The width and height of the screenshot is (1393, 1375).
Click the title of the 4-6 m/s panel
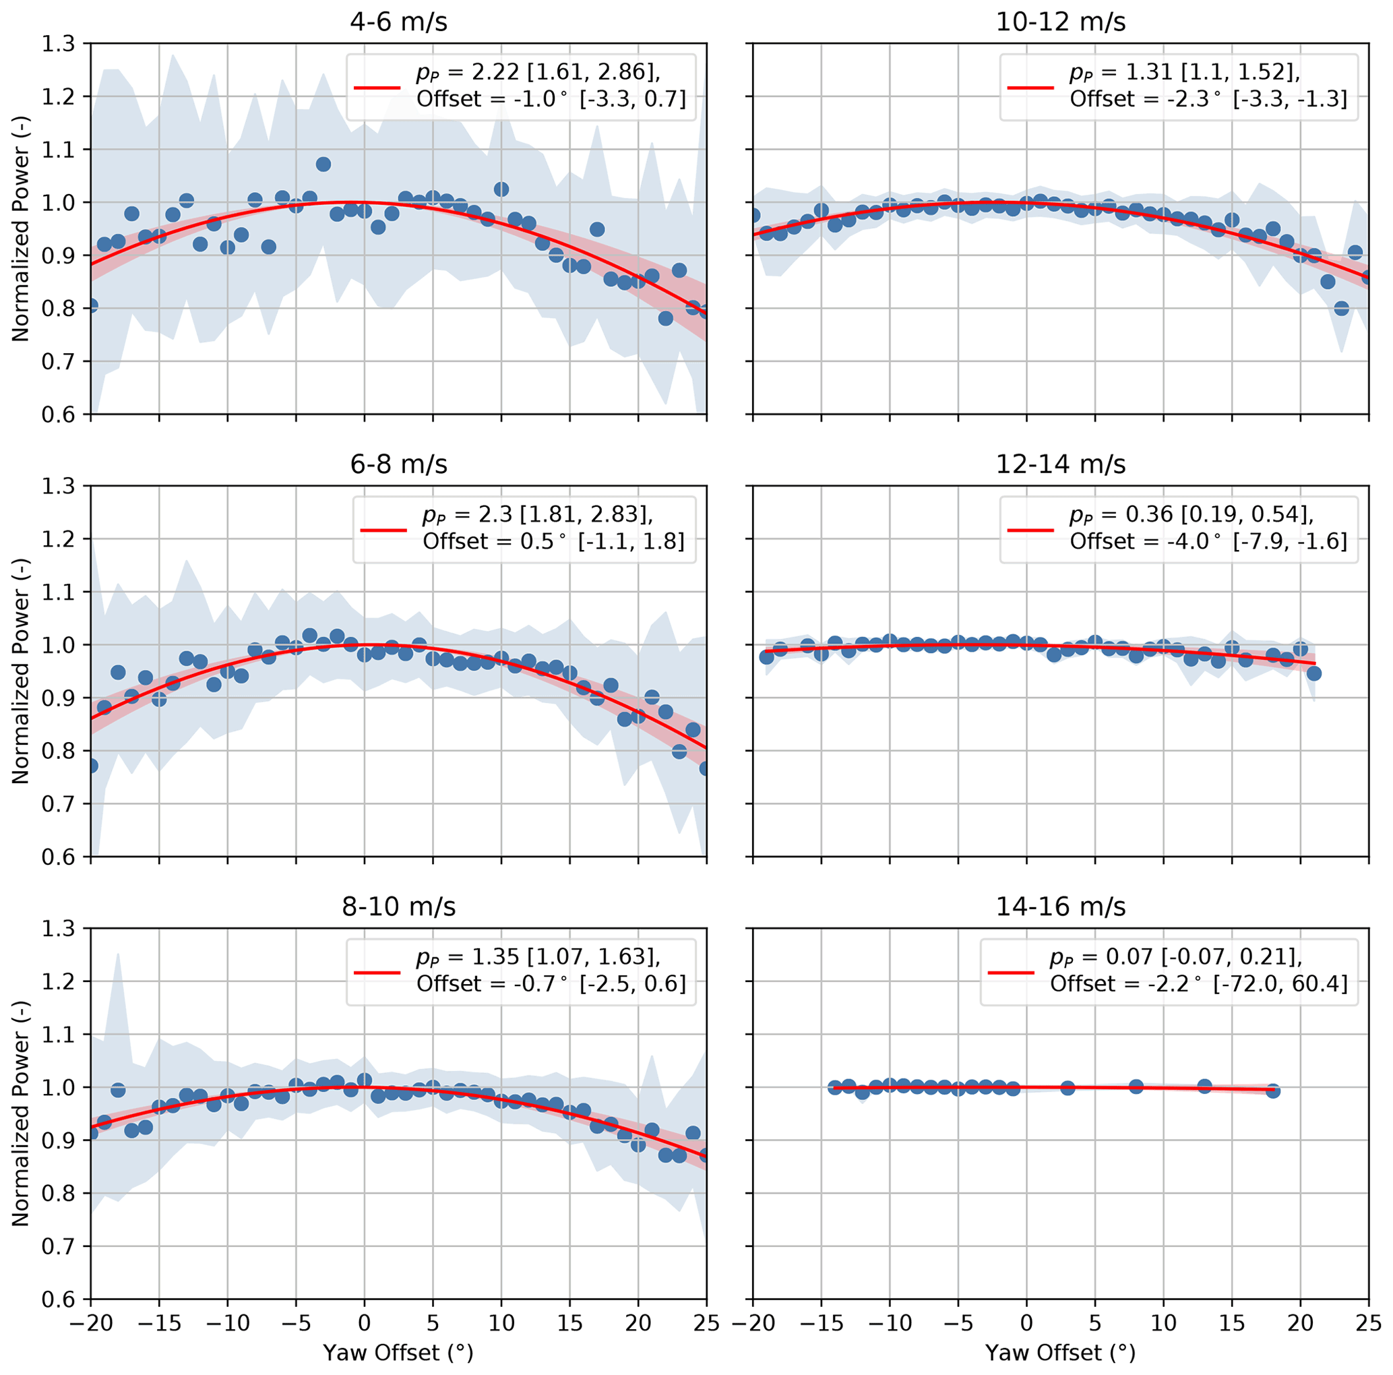[x=399, y=22]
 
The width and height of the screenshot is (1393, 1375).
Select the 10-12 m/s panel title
[x=1060, y=22]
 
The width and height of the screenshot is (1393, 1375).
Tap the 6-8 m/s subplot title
[x=399, y=464]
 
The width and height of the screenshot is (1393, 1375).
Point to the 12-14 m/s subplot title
[x=1060, y=464]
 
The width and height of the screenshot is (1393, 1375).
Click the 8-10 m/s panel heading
[x=399, y=907]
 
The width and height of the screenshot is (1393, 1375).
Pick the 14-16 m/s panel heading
[x=1060, y=907]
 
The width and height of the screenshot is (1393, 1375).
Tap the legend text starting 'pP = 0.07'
[x=1175, y=957]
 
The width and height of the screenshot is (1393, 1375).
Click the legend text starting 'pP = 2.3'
[x=538, y=515]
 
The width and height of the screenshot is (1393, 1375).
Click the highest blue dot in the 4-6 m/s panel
[x=323, y=164]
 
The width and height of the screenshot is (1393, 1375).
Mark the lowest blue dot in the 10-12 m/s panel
[x=1341, y=309]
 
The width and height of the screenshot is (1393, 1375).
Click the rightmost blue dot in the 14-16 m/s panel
[x=1272, y=1091]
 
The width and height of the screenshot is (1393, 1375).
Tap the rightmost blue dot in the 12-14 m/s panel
[x=1313, y=673]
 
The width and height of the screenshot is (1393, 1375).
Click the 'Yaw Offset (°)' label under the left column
[x=398, y=1353]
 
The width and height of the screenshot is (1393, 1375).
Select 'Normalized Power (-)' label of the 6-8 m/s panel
[x=20, y=671]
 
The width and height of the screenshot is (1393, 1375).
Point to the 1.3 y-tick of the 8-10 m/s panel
[x=59, y=928]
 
